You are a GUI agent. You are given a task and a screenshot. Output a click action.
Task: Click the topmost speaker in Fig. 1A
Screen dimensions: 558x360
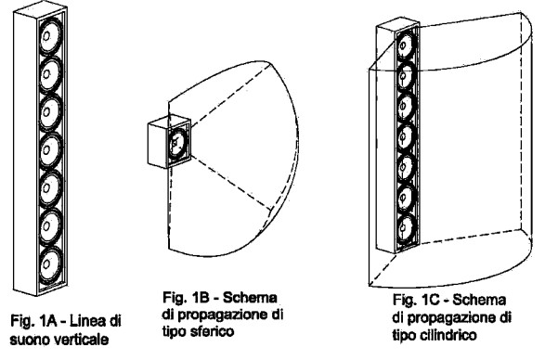(x=50, y=36)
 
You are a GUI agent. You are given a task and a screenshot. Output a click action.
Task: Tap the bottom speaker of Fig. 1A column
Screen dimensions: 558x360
(x=50, y=265)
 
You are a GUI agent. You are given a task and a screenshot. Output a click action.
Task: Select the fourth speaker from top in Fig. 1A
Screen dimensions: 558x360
(x=50, y=150)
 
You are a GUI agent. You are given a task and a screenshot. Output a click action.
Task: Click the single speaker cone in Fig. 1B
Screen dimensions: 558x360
(x=177, y=144)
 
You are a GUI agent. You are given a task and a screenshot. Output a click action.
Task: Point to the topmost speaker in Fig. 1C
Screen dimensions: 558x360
(x=406, y=45)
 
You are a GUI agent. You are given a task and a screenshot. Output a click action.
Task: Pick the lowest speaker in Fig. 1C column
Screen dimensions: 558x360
(x=406, y=228)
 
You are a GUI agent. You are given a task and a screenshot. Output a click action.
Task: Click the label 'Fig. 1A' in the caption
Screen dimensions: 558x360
(x=33, y=321)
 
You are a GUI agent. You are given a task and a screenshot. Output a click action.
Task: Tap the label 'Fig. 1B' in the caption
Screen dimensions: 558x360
(x=186, y=298)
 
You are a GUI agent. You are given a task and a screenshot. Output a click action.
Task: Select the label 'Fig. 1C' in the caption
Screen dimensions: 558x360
(x=417, y=300)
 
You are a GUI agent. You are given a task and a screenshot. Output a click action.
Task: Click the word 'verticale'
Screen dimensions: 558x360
(x=82, y=340)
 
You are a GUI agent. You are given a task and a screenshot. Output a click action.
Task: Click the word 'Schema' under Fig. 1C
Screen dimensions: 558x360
(x=479, y=300)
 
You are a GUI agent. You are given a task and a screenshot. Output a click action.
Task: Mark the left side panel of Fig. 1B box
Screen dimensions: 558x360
(x=158, y=144)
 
